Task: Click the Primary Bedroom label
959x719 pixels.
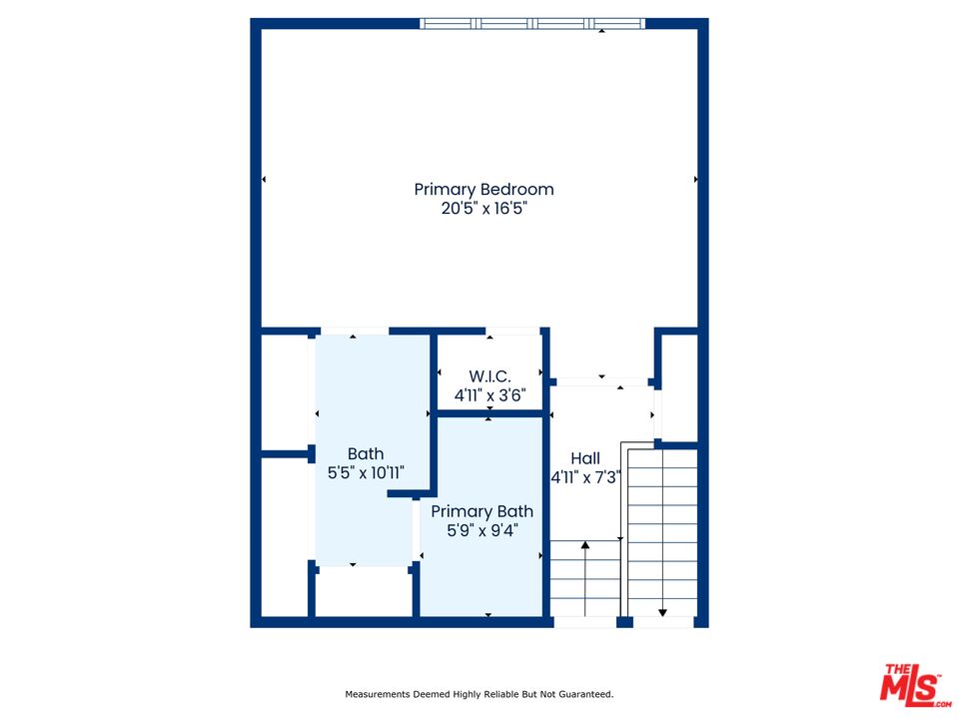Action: [483, 190]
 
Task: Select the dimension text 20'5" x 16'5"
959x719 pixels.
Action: [483, 209]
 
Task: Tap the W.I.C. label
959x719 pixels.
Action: [489, 376]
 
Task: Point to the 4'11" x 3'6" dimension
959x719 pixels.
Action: [489, 395]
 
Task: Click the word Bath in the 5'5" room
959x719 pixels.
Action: [366, 453]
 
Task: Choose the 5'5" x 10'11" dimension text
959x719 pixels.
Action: [366, 472]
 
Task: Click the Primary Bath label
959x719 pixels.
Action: [481, 511]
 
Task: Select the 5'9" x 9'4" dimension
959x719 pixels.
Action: [481, 530]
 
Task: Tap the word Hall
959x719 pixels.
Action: [585, 458]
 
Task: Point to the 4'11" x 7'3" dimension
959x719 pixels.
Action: [586, 477]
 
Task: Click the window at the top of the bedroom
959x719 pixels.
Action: [532, 24]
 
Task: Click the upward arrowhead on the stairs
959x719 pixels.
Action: [585, 545]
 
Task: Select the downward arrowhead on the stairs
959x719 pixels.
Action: [662, 612]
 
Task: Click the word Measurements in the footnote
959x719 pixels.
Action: [378, 695]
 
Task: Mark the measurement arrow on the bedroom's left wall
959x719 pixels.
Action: [264, 179]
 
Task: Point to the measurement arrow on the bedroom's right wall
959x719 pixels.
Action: [696, 179]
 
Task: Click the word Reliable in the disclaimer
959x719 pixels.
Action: [501, 695]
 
